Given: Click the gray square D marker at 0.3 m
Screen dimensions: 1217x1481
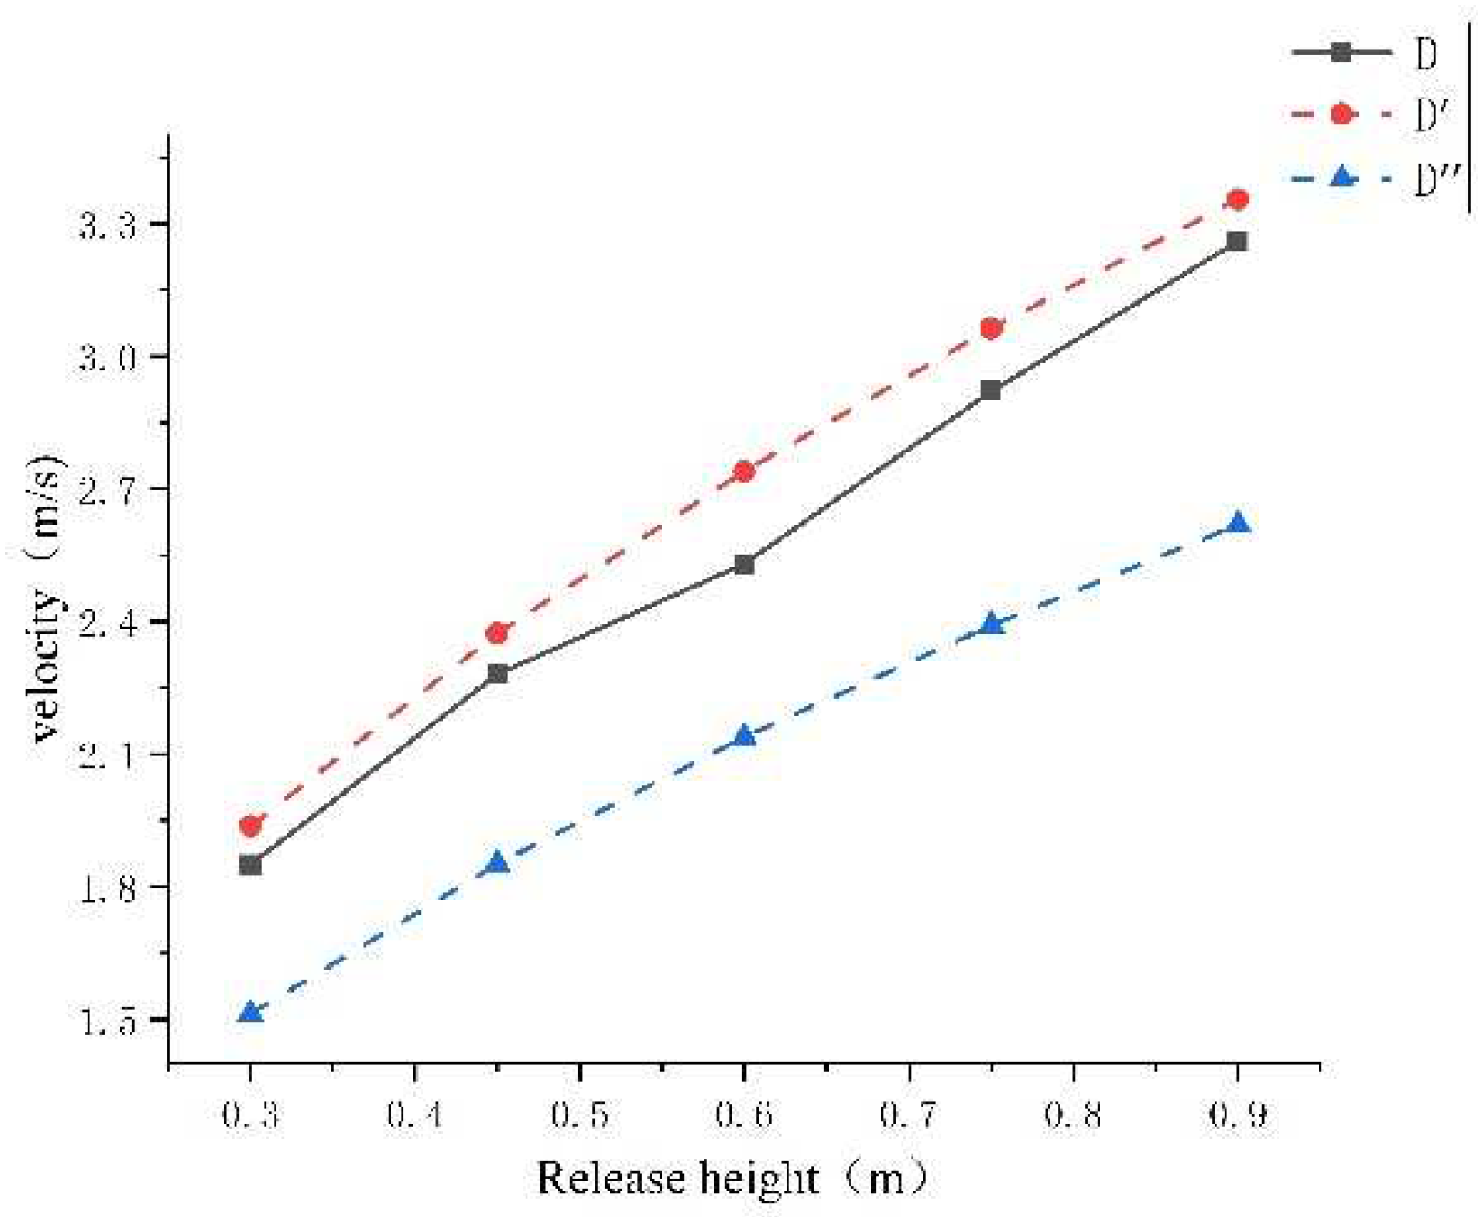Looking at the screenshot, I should pyautogui.click(x=250, y=865).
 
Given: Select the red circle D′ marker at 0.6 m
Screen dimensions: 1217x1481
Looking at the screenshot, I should pyautogui.click(x=744, y=472).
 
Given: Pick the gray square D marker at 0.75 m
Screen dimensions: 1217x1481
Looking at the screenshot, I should pyautogui.click(x=991, y=390).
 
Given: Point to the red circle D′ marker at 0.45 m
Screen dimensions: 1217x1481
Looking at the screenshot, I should pyautogui.click(x=497, y=633).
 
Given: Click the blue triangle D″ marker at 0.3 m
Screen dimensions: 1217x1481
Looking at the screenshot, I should pyautogui.click(x=250, y=1012).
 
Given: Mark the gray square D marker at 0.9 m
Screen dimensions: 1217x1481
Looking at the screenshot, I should pyautogui.click(x=1237, y=241).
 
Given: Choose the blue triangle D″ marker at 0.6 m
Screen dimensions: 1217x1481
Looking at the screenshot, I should pyautogui.click(x=744, y=735).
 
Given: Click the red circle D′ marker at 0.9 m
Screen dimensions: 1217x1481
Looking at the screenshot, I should pyautogui.click(x=1237, y=199).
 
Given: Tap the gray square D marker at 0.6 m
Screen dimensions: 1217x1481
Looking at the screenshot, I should pyautogui.click(x=744, y=565).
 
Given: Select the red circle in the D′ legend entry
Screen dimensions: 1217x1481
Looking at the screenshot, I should pyautogui.click(x=1341, y=114).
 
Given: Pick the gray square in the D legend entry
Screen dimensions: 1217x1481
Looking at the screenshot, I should pyautogui.click(x=1341, y=52).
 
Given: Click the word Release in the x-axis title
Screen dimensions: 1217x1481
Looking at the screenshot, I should pyautogui.click(x=601, y=1178).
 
